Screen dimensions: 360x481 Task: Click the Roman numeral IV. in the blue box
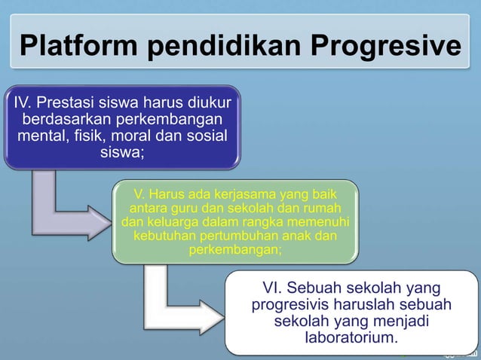pos(20,102)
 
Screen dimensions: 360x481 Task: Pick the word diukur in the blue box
pos(209,102)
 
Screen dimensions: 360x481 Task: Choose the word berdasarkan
pos(74,120)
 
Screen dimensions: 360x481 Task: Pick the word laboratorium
pos(350,337)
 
